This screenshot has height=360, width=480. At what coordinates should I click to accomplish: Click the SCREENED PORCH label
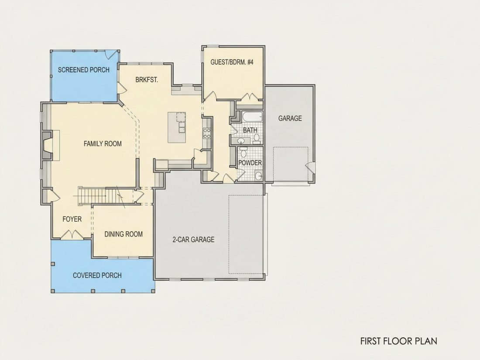(84, 70)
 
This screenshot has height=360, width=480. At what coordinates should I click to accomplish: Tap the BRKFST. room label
(147, 80)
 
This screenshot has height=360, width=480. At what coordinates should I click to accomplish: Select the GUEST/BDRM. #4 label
(232, 62)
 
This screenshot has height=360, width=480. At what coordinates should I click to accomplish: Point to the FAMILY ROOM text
(103, 144)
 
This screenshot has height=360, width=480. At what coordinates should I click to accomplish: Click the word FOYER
(72, 219)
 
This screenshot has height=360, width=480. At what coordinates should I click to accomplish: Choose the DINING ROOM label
(123, 234)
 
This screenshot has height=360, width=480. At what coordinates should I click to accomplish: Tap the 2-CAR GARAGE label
(193, 240)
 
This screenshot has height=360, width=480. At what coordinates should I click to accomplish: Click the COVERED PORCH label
(97, 275)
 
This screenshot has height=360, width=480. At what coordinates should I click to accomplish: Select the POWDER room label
(250, 163)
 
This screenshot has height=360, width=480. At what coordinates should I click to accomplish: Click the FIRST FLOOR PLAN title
(398, 341)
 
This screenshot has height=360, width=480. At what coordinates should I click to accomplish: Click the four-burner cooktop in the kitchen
(207, 133)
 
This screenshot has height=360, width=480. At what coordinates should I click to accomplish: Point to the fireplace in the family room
(47, 145)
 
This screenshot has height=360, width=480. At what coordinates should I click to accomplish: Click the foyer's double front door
(72, 235)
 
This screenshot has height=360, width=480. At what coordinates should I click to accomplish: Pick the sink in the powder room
(259, 176)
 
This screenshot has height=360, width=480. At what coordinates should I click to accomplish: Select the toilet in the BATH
(256, 139)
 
